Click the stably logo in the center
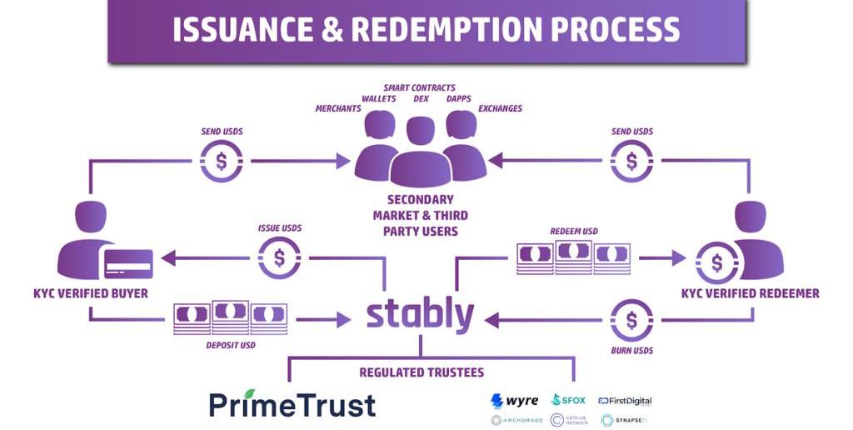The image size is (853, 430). [420, 314]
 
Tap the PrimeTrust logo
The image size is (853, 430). [292, 404]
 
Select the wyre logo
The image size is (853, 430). [515, 401]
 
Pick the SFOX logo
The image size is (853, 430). [569, 401]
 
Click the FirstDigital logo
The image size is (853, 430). [625, 401]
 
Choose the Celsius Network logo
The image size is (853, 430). [570, 420]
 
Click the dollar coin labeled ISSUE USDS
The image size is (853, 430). [279, 257]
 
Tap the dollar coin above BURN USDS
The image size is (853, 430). [631, 320]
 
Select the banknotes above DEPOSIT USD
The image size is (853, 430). [230, 318]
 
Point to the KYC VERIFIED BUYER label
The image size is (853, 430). [91, 293]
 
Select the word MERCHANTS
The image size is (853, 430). [338, 109]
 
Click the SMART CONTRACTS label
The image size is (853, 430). [419, 87]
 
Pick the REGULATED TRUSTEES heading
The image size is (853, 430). [422, 372]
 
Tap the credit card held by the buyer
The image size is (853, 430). [127, 264]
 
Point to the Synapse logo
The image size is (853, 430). [626, 420]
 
